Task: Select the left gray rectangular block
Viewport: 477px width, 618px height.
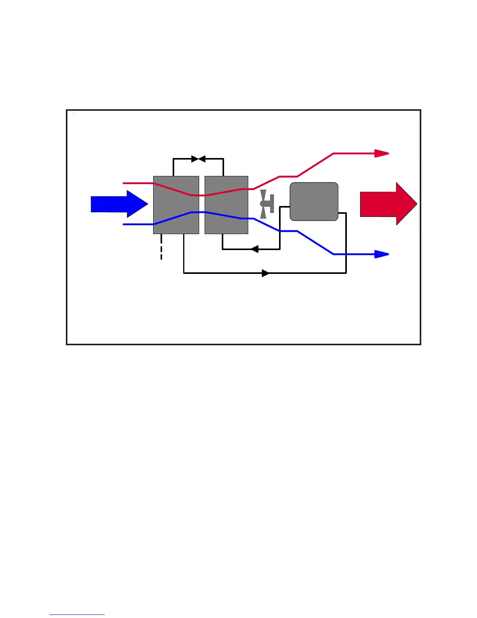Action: [x=176, y=205]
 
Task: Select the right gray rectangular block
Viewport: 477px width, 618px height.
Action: [x=226, y=205]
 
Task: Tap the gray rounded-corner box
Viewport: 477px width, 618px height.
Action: [x=314, y=202]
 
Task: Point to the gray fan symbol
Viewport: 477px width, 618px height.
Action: [x=267, y=204]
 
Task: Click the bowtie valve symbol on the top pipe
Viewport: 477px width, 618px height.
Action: [x=198, y=159]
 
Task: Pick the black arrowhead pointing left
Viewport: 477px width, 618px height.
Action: [x=254, y=249]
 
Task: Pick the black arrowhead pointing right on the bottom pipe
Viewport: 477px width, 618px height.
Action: [x=265, y=273]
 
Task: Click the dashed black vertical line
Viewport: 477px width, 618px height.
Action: [x=161, y=247]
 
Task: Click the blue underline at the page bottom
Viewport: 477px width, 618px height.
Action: [x=77, y=615]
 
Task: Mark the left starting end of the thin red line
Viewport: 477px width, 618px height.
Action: [x=124, y=183]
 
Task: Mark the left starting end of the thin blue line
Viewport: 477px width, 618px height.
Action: [x=124, y=224]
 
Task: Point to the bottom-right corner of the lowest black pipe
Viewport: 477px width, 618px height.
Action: [x=346, y=273]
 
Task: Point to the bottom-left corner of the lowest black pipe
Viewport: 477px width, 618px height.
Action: [x=184, y=273]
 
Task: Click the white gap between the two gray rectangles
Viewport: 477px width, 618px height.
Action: [x=202, y=205]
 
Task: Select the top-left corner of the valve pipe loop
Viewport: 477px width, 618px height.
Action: [x=173, y=159]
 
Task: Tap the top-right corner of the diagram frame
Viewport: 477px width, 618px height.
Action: [x=420, y=110]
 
